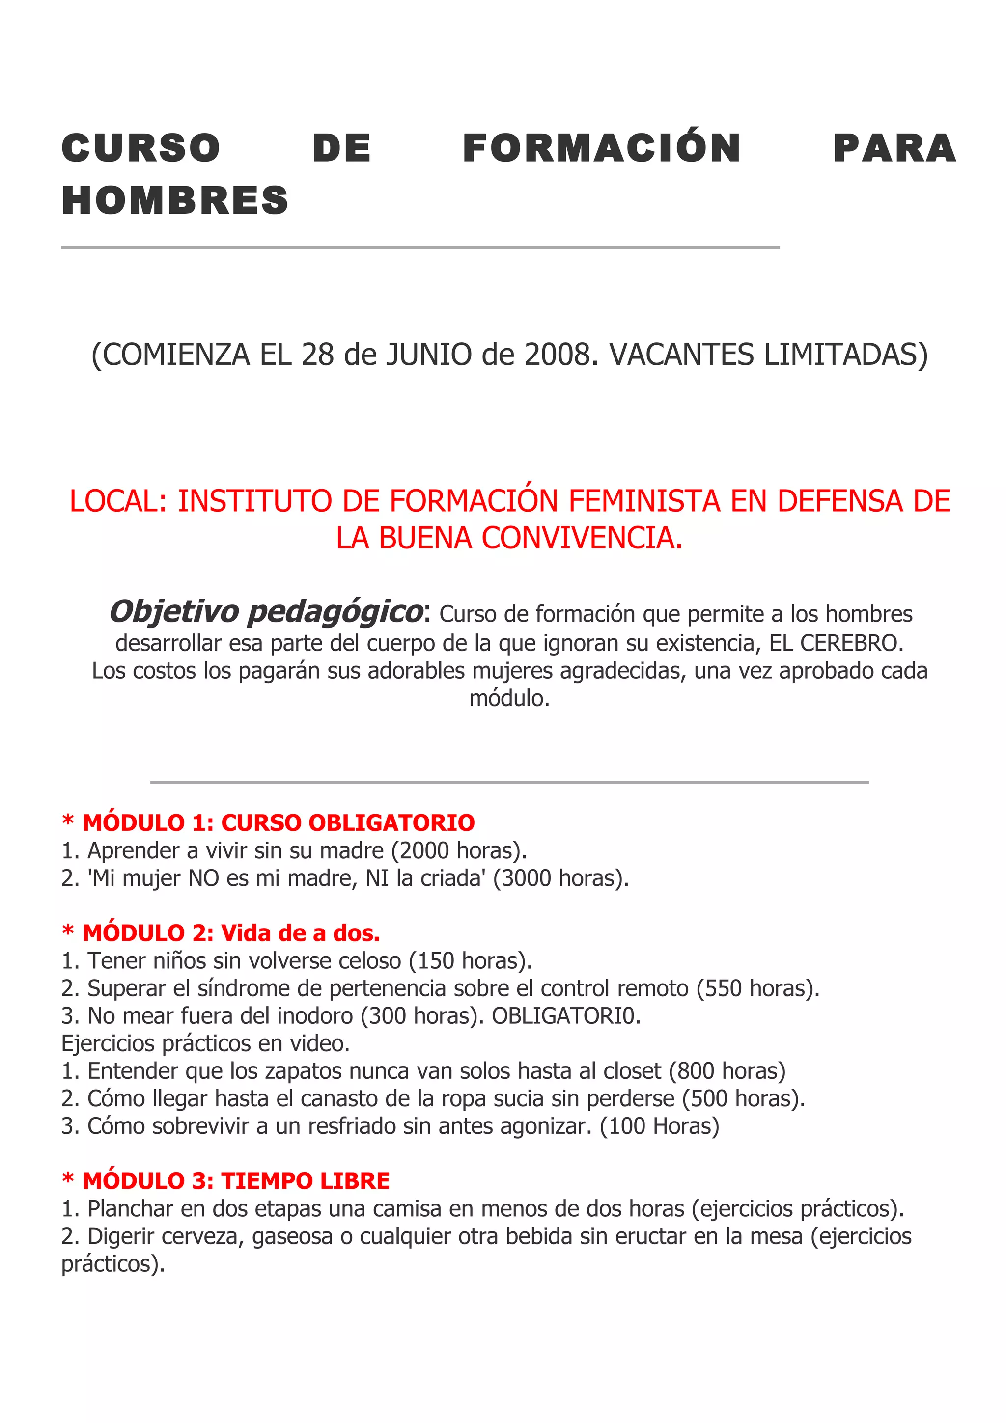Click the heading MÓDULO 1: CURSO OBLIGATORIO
point(279,822)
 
